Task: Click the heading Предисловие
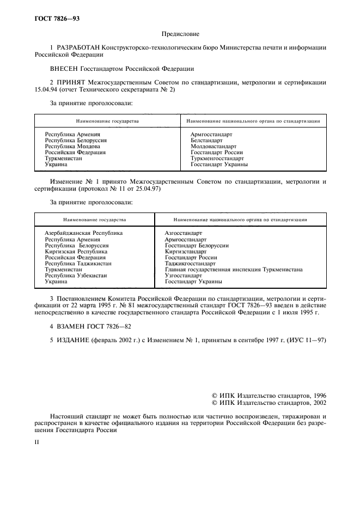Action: pyautogui.click(x=180, y=34)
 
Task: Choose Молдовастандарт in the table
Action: pyautogui.click(x=214, y=147)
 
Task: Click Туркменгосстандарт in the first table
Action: pyautogui.click(x=217, y=159)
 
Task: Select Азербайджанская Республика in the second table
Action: pyautogui.click(x=83, y=233)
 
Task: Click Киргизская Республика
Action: pyautogui.click(x=76, y=252)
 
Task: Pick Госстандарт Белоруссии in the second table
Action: pyautogui.click(x=197, y=246)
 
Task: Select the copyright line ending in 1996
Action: pyautogui.click(x=269, y=396)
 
